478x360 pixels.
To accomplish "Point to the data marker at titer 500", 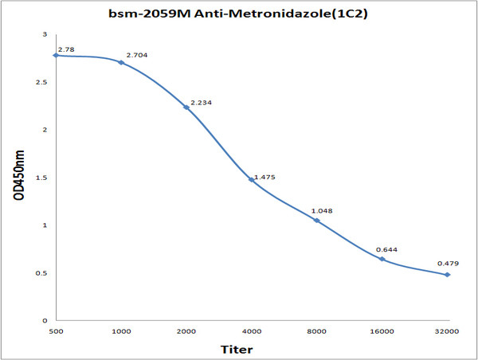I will (x=56, y=55).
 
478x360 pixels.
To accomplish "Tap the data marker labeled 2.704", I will (x=121, y=62).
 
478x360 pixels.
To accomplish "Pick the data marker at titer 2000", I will (x=186, y=107).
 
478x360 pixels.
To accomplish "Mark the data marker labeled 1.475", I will (x=252, y=179).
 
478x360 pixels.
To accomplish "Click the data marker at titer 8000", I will (x=317, y=220).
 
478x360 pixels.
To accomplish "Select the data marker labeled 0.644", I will (x=382, y=259).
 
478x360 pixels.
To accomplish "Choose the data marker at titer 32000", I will (x=448, y=275).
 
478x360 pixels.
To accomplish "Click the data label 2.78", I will (x=67, y=49).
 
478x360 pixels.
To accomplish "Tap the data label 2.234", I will (x=202, y=103).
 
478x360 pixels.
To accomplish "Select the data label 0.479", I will (x=448, y=264).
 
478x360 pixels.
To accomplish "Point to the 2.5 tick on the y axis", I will (x=41, y=82).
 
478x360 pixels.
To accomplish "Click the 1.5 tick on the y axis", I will (x=41, y=178).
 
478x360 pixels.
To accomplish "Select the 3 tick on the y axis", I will (x=45, y=34).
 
